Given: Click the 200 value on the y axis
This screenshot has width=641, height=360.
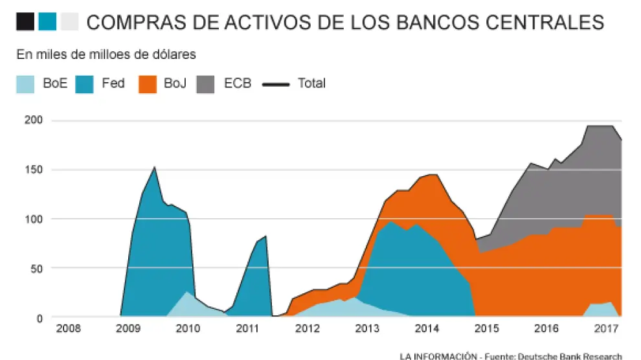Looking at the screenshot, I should [x=34, y=120].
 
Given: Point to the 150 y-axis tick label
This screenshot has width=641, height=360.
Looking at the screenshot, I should [x=34, y=170].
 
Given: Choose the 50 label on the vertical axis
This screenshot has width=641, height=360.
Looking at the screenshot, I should [x=36, y=268].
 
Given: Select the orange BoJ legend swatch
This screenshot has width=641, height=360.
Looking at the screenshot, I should [x=148, y=84].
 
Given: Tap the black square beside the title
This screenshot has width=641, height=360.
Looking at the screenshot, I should [x=26, y=23].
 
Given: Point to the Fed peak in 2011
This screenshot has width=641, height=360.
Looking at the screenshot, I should [x=265, y=237].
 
